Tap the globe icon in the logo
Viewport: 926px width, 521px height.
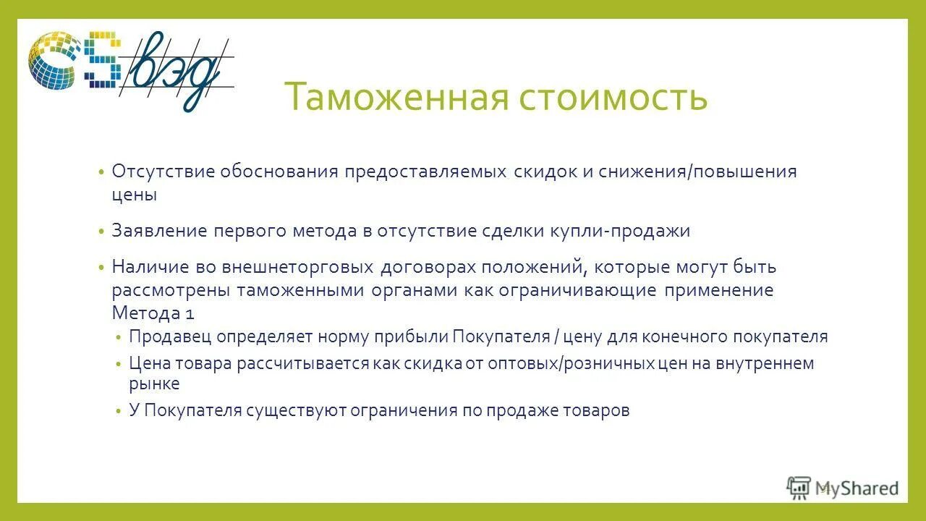52,59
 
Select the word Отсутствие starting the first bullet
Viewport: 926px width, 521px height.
163,172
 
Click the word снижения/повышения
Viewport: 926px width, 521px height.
697,172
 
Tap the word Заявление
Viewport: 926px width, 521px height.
159,231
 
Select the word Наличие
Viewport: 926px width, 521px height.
149,267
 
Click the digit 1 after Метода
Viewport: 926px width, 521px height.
190,313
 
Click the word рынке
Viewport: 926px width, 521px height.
154,384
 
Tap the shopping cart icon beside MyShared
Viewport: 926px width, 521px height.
799,488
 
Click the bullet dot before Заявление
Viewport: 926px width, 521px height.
102,232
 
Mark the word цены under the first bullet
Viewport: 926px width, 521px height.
135,195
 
